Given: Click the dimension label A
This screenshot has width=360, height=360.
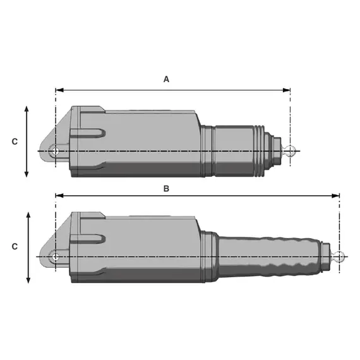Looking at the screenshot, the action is pyautogui.click(x=166, y=79).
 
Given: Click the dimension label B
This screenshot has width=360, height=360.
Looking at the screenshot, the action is pyautogui.click(x=166, y=188).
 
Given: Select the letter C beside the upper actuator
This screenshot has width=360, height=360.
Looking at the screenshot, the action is pyautogui.click(x=15, y=141).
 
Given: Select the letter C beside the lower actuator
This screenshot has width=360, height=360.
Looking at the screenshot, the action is pyautogui.click(x=15, y=246).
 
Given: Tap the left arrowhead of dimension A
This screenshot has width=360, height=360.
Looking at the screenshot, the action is pyautogui.click(x=59, y=90).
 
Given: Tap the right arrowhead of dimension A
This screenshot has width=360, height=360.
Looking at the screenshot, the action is pyautogui.click(x=286, y=90).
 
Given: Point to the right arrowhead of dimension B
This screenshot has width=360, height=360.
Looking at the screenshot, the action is pyautogui.click(x=335, y=196).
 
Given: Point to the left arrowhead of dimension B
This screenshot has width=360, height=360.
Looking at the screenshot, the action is pyautogui.click(x=59, y=196).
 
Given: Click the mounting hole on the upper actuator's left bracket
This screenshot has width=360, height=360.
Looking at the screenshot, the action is pyautogui.click(x=55, y=151).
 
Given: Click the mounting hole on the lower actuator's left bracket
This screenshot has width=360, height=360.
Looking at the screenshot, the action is pyautogui.click(x=55, y=256).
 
